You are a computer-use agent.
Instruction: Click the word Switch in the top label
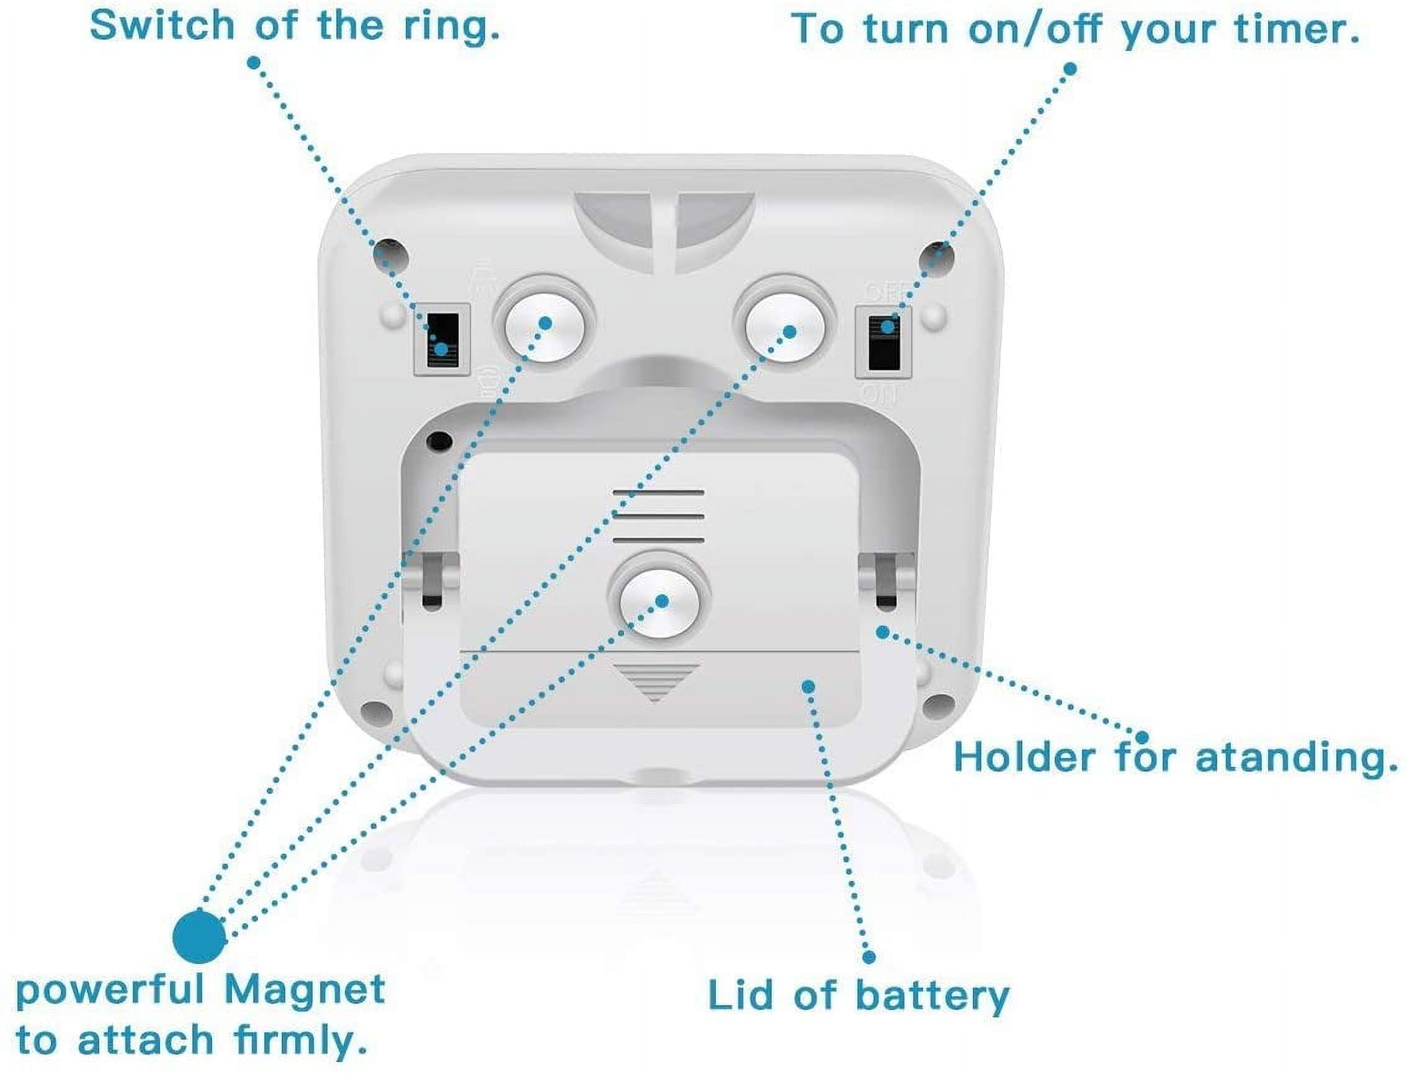click(161, 26)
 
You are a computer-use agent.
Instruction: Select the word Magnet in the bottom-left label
click(305, 990)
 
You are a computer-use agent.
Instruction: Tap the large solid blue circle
click(199, 937)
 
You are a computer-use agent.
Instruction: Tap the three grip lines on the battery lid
click(659, 516)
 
